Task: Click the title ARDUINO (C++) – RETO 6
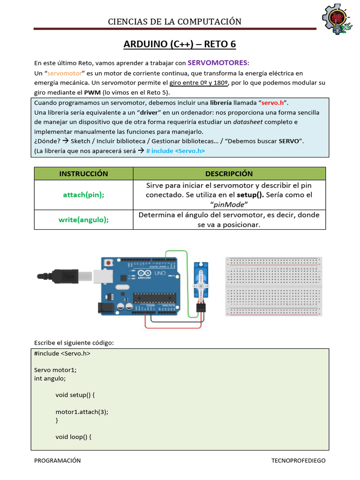point(180,45)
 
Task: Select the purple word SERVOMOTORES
point(218,63)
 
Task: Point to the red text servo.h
point(272,103)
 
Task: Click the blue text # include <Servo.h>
point(175,150)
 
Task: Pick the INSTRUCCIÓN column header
point(83,173)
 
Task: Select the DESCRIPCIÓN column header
point(229,173)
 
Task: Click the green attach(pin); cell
point(83,195)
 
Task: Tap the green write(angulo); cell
point(83,219)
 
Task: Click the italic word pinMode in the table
point(229,204)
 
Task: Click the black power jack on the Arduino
point(105,307)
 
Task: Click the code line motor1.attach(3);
point(82,412)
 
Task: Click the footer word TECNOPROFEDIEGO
point(298,460)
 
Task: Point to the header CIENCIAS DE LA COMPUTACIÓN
point(175,22)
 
